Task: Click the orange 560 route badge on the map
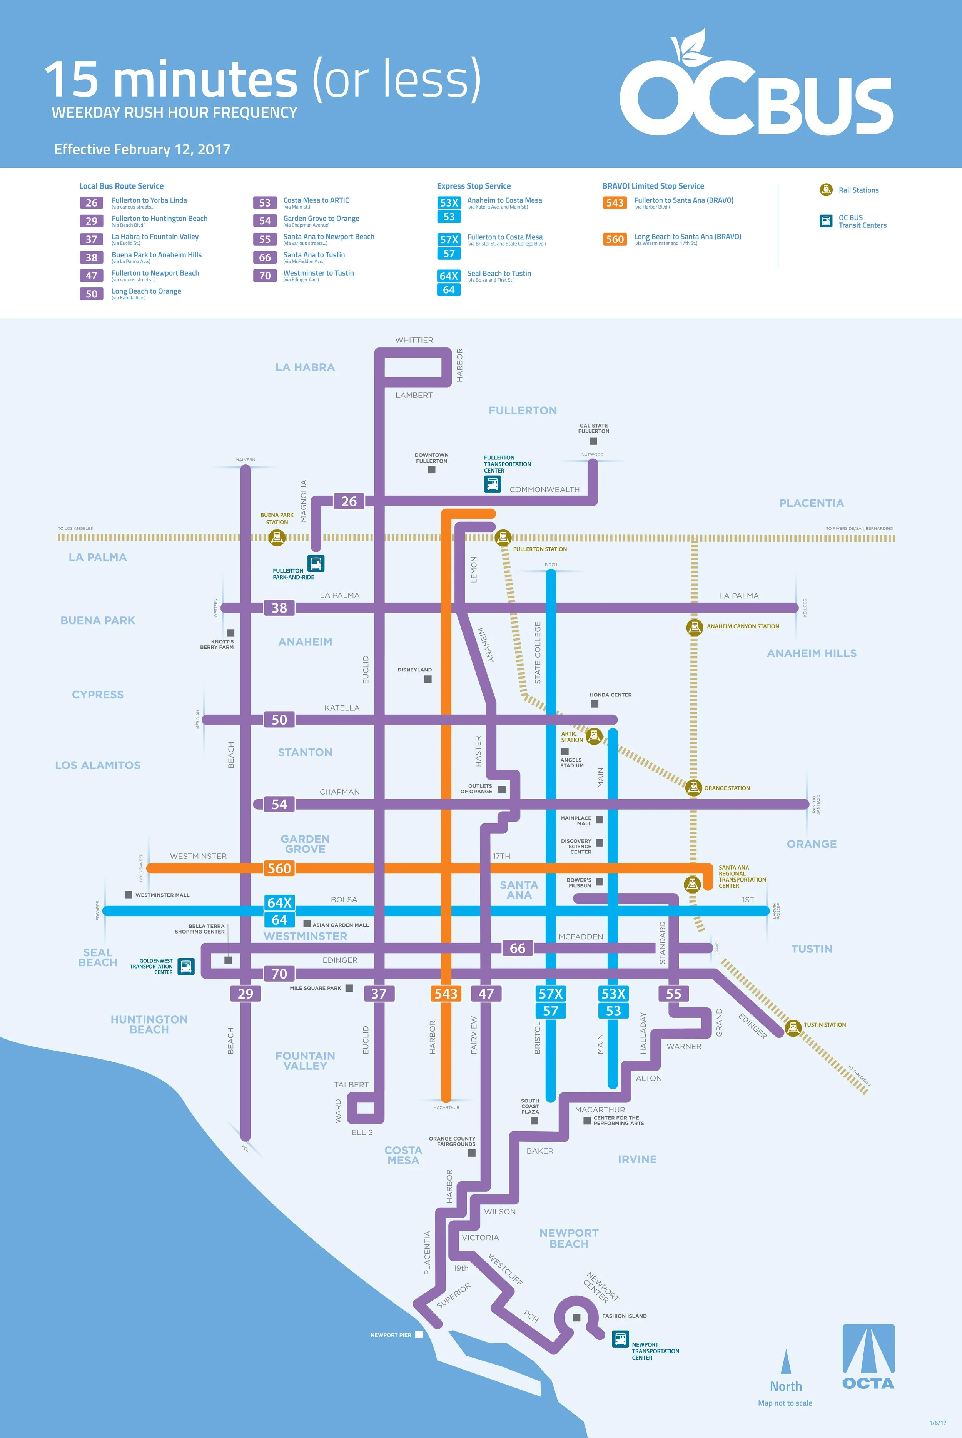click(279, 868)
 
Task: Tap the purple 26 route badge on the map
click(349, 501)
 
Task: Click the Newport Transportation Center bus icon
click(620, 1338)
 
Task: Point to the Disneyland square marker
click(428, 679)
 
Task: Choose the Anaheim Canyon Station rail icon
click(694, 627)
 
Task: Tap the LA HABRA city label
click(305, 367)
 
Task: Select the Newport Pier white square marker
click(419, 1334)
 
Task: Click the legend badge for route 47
click(92, 276)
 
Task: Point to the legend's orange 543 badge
click(615, 203)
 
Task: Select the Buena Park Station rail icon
click(277, 538)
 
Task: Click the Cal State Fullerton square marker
click(593, 441)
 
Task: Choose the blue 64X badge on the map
click(279, 902)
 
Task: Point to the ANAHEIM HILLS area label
click(811, 653)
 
